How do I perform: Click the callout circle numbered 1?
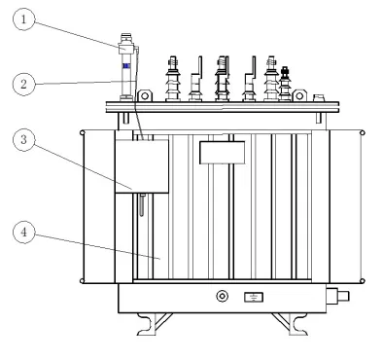(x=23, y=19)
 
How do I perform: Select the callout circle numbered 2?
(x=23, y=85)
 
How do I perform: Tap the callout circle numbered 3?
(x=23, y=140)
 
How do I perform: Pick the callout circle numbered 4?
(x=23, y=233)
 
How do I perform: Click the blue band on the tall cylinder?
(x=126, y=66)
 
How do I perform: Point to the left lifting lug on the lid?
(x=145, y=95)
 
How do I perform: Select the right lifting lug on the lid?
(x=299, y=95)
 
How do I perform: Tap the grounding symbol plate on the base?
(x=254, y=297)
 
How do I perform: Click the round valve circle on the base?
(x=223, y=296)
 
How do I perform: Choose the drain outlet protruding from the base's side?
(x=337, y=296)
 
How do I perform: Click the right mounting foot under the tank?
(x=290, y=324)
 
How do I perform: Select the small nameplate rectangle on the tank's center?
(x=222, y=153)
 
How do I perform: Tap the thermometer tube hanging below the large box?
(x=142, y=204)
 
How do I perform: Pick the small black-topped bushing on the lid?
(x=285, y=84)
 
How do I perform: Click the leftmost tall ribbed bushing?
(x=173, y=79)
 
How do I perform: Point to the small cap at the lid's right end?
(x=319, y=97)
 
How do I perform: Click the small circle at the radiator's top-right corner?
(x=363, y=133)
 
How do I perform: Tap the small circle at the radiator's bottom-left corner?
(x=82, y=281)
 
